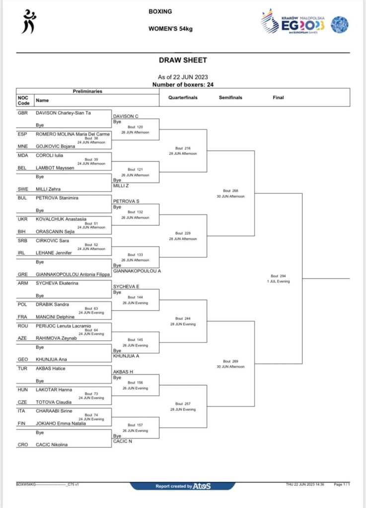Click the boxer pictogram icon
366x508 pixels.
(x=29, y=22)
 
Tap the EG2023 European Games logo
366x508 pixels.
(x=293, y=22)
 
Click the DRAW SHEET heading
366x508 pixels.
(x=183, y=60)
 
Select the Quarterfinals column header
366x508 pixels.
(x=183, y=98)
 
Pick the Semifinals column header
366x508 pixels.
(x=230, y=98)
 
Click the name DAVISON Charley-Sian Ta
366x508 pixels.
(x=63, y=113)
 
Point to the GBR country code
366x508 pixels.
(x=23, y=113)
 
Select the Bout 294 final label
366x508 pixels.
(x=278, y=276)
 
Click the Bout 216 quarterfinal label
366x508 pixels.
(x=183, y=148)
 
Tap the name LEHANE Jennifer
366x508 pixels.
(x=54, y=253)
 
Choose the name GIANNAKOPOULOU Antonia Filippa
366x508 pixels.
(x=73, y=274)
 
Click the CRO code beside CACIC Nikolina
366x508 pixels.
(x=23, y=444)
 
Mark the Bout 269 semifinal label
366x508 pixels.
(x=230, y=361)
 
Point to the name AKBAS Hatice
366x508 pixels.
(x=50, y=369)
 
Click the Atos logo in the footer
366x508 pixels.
(x=202, y=486)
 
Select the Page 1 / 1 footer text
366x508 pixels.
(x=342, y=484)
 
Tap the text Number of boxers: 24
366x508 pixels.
(x=183, y=84)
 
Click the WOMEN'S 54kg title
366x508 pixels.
(x=170, y=29)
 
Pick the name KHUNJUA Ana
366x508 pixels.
(x=51, y=359)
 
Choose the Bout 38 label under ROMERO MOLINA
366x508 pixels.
(x=91, y=138)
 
